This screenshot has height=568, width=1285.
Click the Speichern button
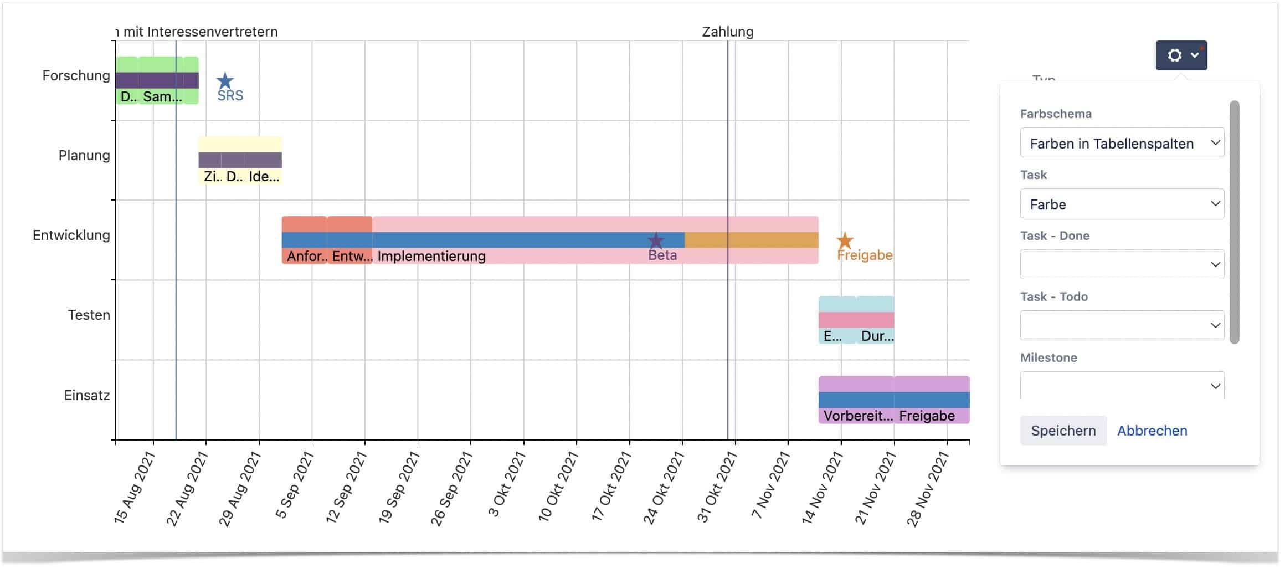click(1063, 431)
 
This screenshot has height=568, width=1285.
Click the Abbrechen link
click(1152, 431)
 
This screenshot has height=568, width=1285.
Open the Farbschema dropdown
click(1122, 143)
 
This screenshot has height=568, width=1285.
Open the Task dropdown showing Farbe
click(1122, 204)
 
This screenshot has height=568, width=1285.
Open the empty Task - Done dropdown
click(1122, 264)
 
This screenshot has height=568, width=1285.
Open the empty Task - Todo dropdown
click(1122, 325)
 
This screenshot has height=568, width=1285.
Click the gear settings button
click(1180, 55)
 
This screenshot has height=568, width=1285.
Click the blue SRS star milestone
click(225, 81)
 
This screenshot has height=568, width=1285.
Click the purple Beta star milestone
click(656, 240)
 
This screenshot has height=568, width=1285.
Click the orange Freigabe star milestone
click(845, 240)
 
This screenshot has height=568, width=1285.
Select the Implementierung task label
click(431, 256)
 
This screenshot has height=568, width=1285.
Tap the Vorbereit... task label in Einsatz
click(857, 416)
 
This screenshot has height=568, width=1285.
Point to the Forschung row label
click(76, 75)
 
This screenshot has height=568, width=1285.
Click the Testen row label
click(89, 315)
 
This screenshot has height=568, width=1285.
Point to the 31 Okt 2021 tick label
click(717, 486)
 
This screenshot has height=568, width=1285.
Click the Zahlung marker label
click(727, 32)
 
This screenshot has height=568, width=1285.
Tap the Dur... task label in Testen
click(877, 336)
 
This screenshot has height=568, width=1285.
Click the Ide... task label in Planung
click(264, 176)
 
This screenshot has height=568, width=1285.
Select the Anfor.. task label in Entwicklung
click(307, 256)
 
